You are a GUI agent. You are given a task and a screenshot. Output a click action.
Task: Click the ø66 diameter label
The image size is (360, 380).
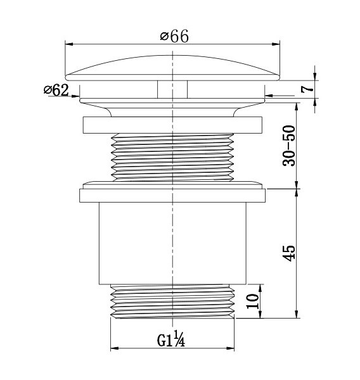[x=174, y=37]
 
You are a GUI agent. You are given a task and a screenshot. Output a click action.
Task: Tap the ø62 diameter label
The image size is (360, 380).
[x=56, y=90]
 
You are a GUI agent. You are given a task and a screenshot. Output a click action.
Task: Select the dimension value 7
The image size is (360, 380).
[x=307, y=89]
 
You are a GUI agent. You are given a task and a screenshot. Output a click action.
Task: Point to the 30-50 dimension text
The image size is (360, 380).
[x=289, y=146]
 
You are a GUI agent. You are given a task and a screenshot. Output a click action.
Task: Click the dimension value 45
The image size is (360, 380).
[x=289, y=253]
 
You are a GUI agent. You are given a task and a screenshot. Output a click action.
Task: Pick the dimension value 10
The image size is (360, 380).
[x=252, y=301]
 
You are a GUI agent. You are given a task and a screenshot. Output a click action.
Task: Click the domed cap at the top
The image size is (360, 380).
[x=172, y=68]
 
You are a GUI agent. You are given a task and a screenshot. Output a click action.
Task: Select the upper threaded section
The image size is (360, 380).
[x=172, y=157]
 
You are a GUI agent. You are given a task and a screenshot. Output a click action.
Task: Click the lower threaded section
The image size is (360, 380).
[x=172, y=301]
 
